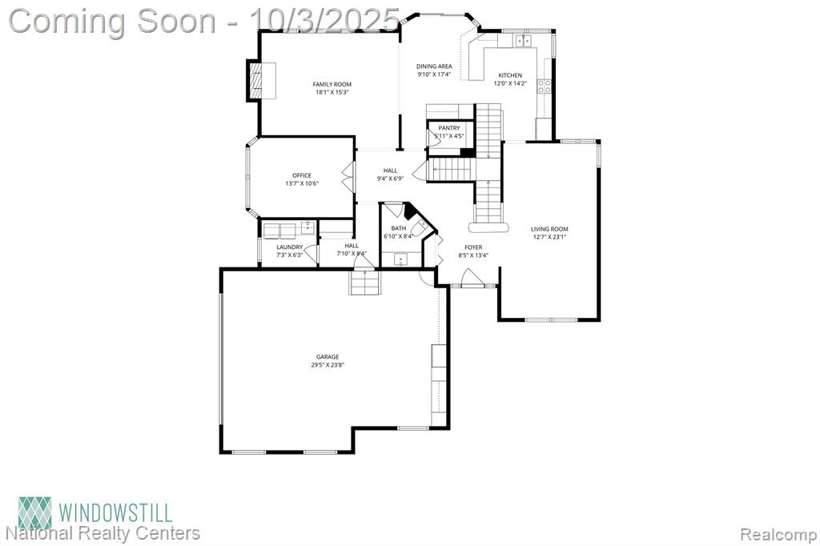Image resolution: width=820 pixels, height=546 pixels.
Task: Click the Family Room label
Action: (332, 84)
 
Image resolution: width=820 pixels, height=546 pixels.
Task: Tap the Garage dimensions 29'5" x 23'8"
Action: (328, 365)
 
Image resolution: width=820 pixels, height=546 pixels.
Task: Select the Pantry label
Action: (449, 128)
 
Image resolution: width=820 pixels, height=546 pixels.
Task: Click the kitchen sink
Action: (523, 40)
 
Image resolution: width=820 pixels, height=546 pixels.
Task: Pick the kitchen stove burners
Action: (545, 86)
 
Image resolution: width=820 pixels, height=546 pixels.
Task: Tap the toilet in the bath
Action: (420, 228)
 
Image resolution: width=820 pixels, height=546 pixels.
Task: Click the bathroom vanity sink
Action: (401, 259)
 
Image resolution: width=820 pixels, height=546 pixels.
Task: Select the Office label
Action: (302, 175)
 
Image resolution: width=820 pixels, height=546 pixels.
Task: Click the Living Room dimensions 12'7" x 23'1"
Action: (549, 237)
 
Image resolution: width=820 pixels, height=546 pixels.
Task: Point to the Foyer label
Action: (474, 247)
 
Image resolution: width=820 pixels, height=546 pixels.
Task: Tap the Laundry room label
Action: (290, 247)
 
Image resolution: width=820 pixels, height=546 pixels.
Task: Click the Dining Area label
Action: (434, 66)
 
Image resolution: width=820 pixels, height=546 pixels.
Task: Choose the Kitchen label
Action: (510, 75)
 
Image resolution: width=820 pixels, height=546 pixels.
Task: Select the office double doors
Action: (348, 176)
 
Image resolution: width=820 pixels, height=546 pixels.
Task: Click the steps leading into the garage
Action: (364, 283)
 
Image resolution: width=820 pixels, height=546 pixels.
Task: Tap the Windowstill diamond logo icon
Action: (35, 512)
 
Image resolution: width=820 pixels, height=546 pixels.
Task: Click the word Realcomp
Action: (778, 535)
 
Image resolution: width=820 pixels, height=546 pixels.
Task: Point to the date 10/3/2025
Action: (325, 21)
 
